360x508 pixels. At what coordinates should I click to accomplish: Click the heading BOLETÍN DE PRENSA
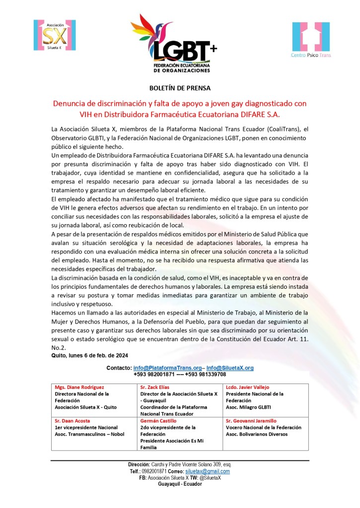tap(180, 88)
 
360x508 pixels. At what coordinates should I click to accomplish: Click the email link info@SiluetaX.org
tap(230, 368)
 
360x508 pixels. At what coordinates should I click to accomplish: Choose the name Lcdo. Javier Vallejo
tap(247, 387)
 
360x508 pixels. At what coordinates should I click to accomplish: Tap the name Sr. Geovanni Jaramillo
tap(251, 421)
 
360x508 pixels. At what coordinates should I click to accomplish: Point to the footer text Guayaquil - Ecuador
tap(180, 484)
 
